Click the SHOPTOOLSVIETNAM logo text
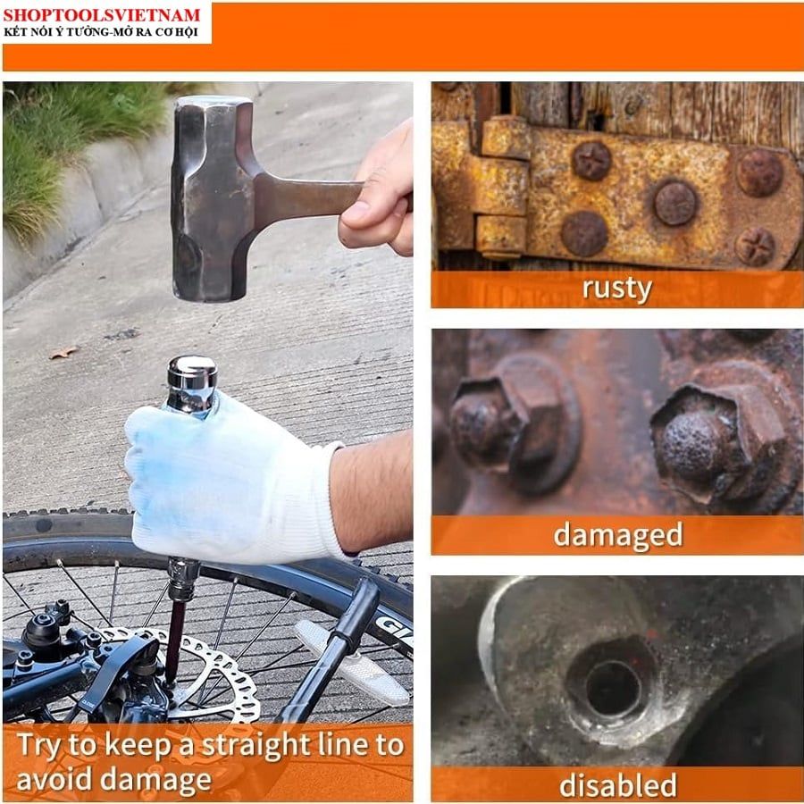(102, 15)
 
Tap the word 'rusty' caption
(616, 289)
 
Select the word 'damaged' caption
(618, 535)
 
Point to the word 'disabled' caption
(618, 784)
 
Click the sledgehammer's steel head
(213, 198)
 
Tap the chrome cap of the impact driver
(192, 383)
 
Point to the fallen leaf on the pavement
(63, 352)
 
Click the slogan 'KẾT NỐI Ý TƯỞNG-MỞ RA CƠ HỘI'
(100, 32)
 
